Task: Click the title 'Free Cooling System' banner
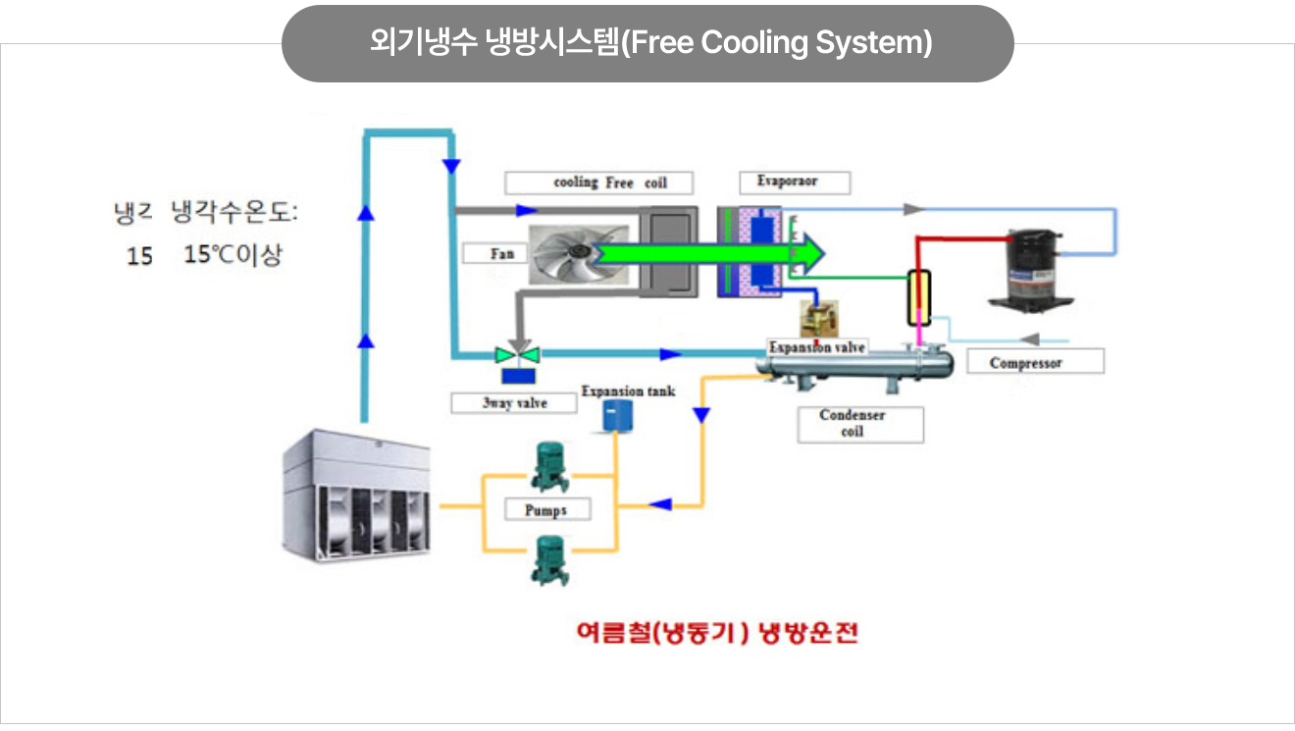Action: click(x=647, y=44)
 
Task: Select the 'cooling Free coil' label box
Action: click(x=598, y=183)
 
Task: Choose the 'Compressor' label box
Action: click(x=1034, y=363)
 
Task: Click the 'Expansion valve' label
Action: click(x=817, y=347)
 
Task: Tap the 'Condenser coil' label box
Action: click(x=859, y=424)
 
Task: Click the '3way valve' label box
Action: click(x=514, y=403)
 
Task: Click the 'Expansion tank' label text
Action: click(x=628, y=391)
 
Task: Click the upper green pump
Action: click(x=545, y=467)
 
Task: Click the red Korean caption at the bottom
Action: click(x=717, y=633)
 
